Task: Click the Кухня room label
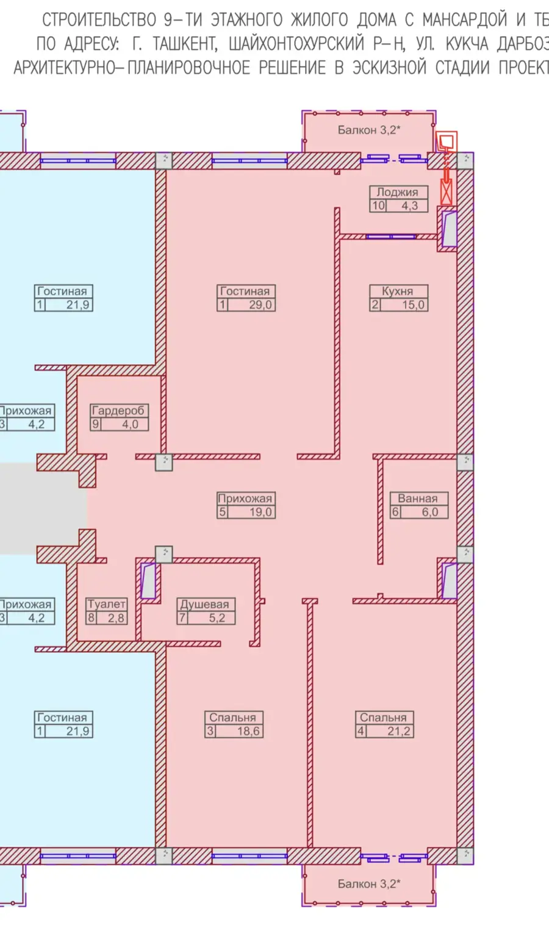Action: pyautogui.click(x=397, y=291)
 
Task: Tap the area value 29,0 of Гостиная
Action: pyautogui.click(x=260, y=304)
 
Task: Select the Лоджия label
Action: pyautogui.click(x=397, y=192)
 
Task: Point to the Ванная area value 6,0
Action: pyautogui.click(x=429, y=511)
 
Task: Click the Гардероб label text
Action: pyautogui.click(x=118, y=410)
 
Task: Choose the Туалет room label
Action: pyautogui.click(x=106, y=604)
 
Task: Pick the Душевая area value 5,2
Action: pyautogui.click(x=217, y=617)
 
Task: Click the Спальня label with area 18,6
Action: pyautogui.click(x=232, y=717)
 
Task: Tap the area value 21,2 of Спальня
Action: pyautogui.click(x=398, y=731)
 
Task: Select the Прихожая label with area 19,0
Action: pyautogui.click(x=245, y=498)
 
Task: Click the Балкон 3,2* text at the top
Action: pyautogui.click(x=369, y=130)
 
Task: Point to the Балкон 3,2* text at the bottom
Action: pyautogui.click(x=369, y=884)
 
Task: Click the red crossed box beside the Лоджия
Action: pyautogui.click(x=447, y=192)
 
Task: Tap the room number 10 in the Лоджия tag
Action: pyautogui.click(x=378, y=206)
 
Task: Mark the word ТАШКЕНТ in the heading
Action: pyautogui.click(x=183, y=43)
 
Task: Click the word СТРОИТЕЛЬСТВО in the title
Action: pyautogui.click(x=99, y=20)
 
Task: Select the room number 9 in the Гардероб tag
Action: pyautogui.click(x=95, y=424)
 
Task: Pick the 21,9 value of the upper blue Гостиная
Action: pyautogui.click(x=77, y=304)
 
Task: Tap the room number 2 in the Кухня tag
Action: pyautogui.click(x=375, y=304)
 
